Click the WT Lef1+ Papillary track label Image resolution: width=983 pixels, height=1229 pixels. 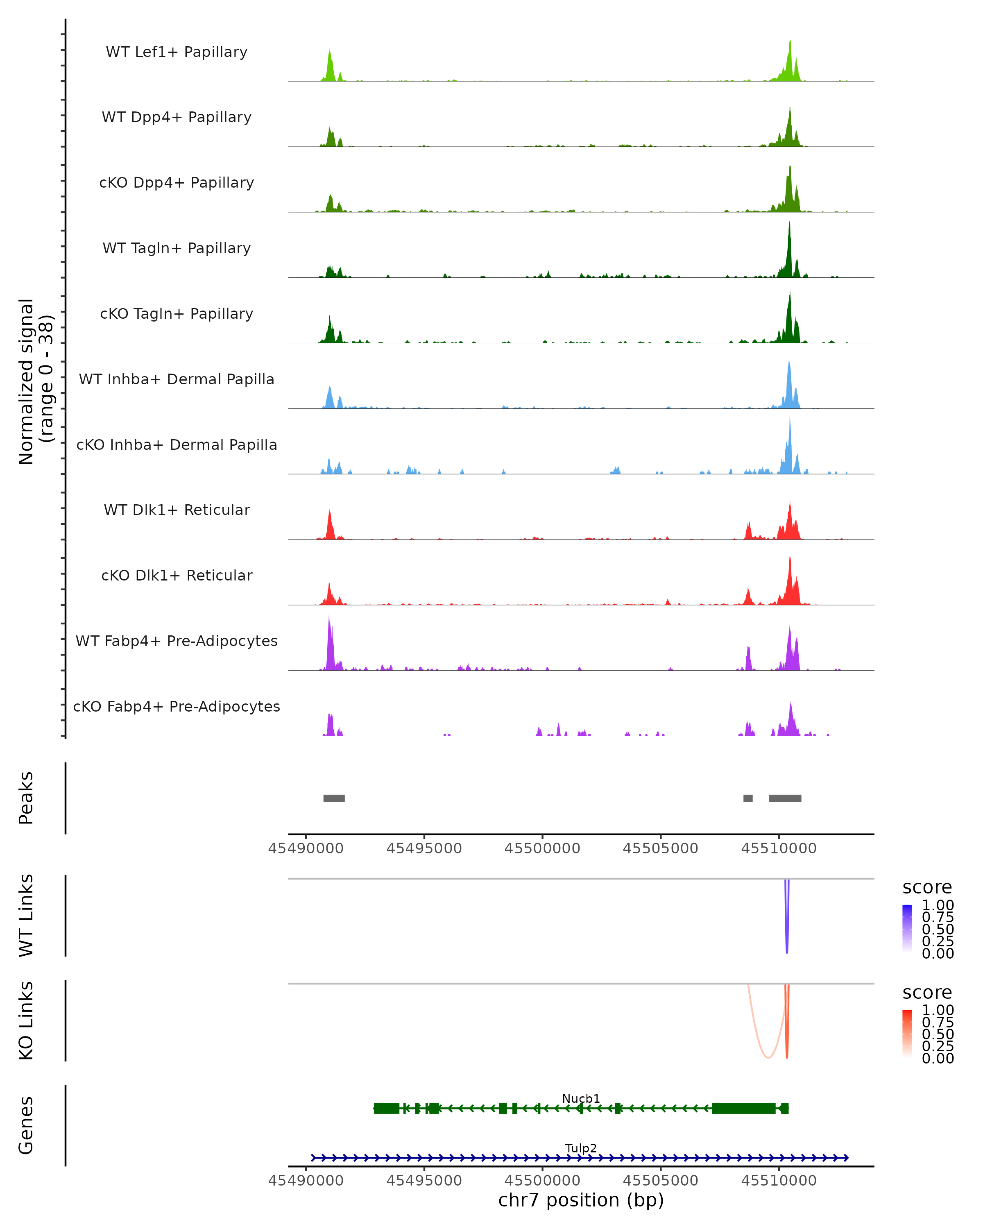(x=177, y=52)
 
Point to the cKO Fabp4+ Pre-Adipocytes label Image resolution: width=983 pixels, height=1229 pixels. (x=177, y=706)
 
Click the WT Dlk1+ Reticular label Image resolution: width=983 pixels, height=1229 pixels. (x=177, y=510)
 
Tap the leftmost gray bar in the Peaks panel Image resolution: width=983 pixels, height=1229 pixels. (x=334, y=798)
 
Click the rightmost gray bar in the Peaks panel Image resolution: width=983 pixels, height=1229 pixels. (x=785, y=798)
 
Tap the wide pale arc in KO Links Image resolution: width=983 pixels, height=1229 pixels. (x=767, y=1057)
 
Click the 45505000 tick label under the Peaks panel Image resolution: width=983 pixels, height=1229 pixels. (x=661, y=848)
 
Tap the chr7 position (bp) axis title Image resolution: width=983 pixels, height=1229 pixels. (x=581, y=1200)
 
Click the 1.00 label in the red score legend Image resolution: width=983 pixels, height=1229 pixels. (x=938, y=1010)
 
